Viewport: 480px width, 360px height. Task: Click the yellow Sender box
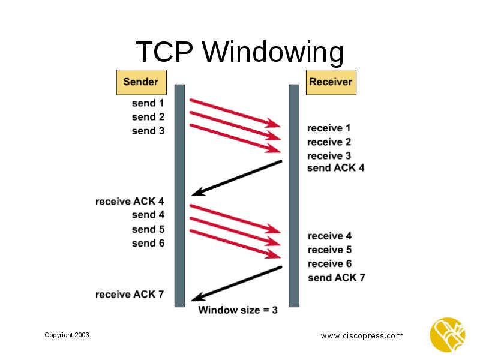[x=141, y=82]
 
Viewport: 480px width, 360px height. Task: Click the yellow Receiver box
[x=331, y=82]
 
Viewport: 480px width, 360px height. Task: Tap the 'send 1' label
[x=148, y=103]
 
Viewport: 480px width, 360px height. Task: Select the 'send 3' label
[x=148, y=130]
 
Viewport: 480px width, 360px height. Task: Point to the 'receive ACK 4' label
[x=130, y=201]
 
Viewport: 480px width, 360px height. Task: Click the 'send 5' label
[x=148, y=229]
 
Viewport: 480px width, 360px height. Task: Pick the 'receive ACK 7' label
[x=130, y=294]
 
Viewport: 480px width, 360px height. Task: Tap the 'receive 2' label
[x=329, y=142]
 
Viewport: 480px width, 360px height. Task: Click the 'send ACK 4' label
[x=335, y=168]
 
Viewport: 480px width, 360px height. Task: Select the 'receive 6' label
[x=329, y=264]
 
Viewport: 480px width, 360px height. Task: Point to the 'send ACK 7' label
[x=336, y=278]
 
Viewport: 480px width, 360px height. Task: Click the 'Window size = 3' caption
[x=238, y=310]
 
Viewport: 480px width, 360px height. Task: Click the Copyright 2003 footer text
[x=67, y=335]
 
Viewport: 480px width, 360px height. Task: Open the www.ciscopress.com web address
[x=362, y=336]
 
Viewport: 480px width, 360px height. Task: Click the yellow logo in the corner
[x=447, y=334]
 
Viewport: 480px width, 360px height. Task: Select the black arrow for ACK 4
[x=236, y=178]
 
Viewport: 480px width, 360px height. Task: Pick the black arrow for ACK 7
[x=236, y=284]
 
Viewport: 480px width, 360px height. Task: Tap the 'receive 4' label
[x=329, y=236]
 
